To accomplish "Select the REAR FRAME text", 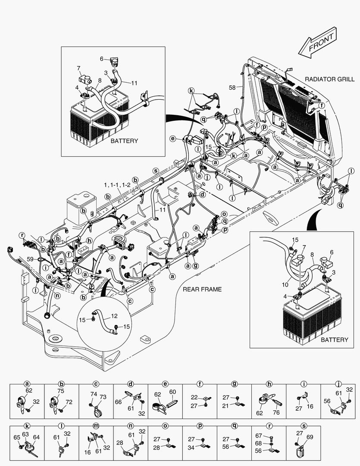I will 202,289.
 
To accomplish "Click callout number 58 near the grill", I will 232,88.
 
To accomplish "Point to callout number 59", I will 30,259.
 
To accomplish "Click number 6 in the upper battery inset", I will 102,59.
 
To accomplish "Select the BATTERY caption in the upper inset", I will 124,141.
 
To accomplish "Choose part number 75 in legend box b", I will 61,391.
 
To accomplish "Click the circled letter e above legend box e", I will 165,384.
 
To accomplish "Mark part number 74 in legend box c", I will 94,394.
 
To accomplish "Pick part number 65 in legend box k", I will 17,438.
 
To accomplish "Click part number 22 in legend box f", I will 194,397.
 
